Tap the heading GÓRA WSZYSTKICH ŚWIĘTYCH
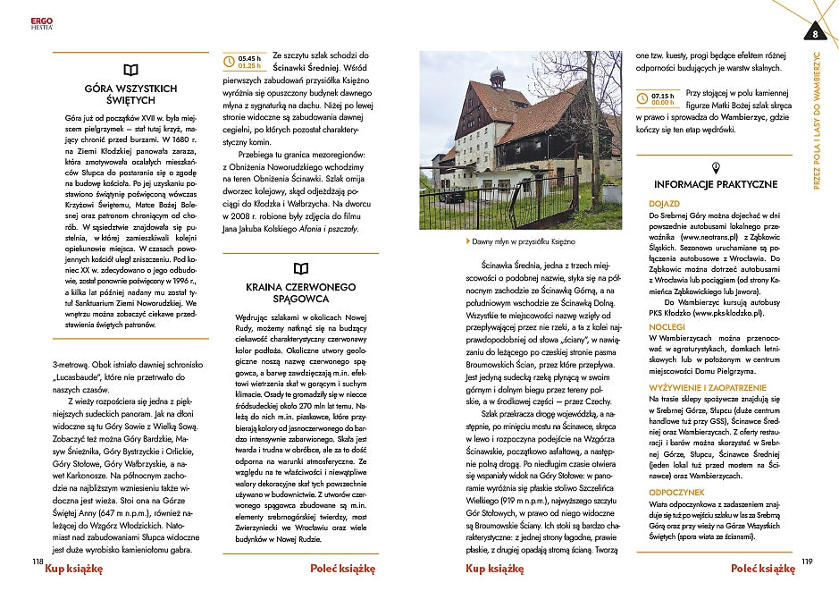[x=130, y=95]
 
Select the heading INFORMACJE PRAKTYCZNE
[x=716, y=184]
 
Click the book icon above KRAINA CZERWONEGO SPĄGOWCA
[x=301, y=267]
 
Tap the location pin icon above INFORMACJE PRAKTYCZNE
[x=716, y=167]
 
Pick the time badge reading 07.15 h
[x=663, y=98]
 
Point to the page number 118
[x=37, y=561]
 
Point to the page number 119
[x=807, y=561]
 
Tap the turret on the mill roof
[x=498, y=77]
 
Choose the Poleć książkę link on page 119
[x=762, y=569]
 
